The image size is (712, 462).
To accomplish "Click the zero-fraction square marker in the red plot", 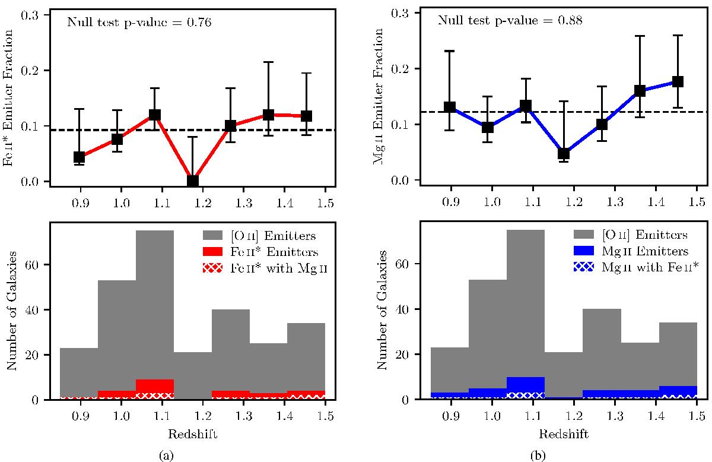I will pos(192,181).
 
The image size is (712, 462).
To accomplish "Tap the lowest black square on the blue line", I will pos(563,154).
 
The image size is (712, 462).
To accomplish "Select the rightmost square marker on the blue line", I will pos(678,81).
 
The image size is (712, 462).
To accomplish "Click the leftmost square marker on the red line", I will pos(79,157).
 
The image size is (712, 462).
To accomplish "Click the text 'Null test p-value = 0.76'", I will pos(139,23).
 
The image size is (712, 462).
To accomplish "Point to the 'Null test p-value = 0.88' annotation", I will pos(510,21).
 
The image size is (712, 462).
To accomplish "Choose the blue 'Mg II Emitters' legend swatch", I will pos(585,251).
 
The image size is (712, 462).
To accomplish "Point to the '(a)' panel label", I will pos(166,455).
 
